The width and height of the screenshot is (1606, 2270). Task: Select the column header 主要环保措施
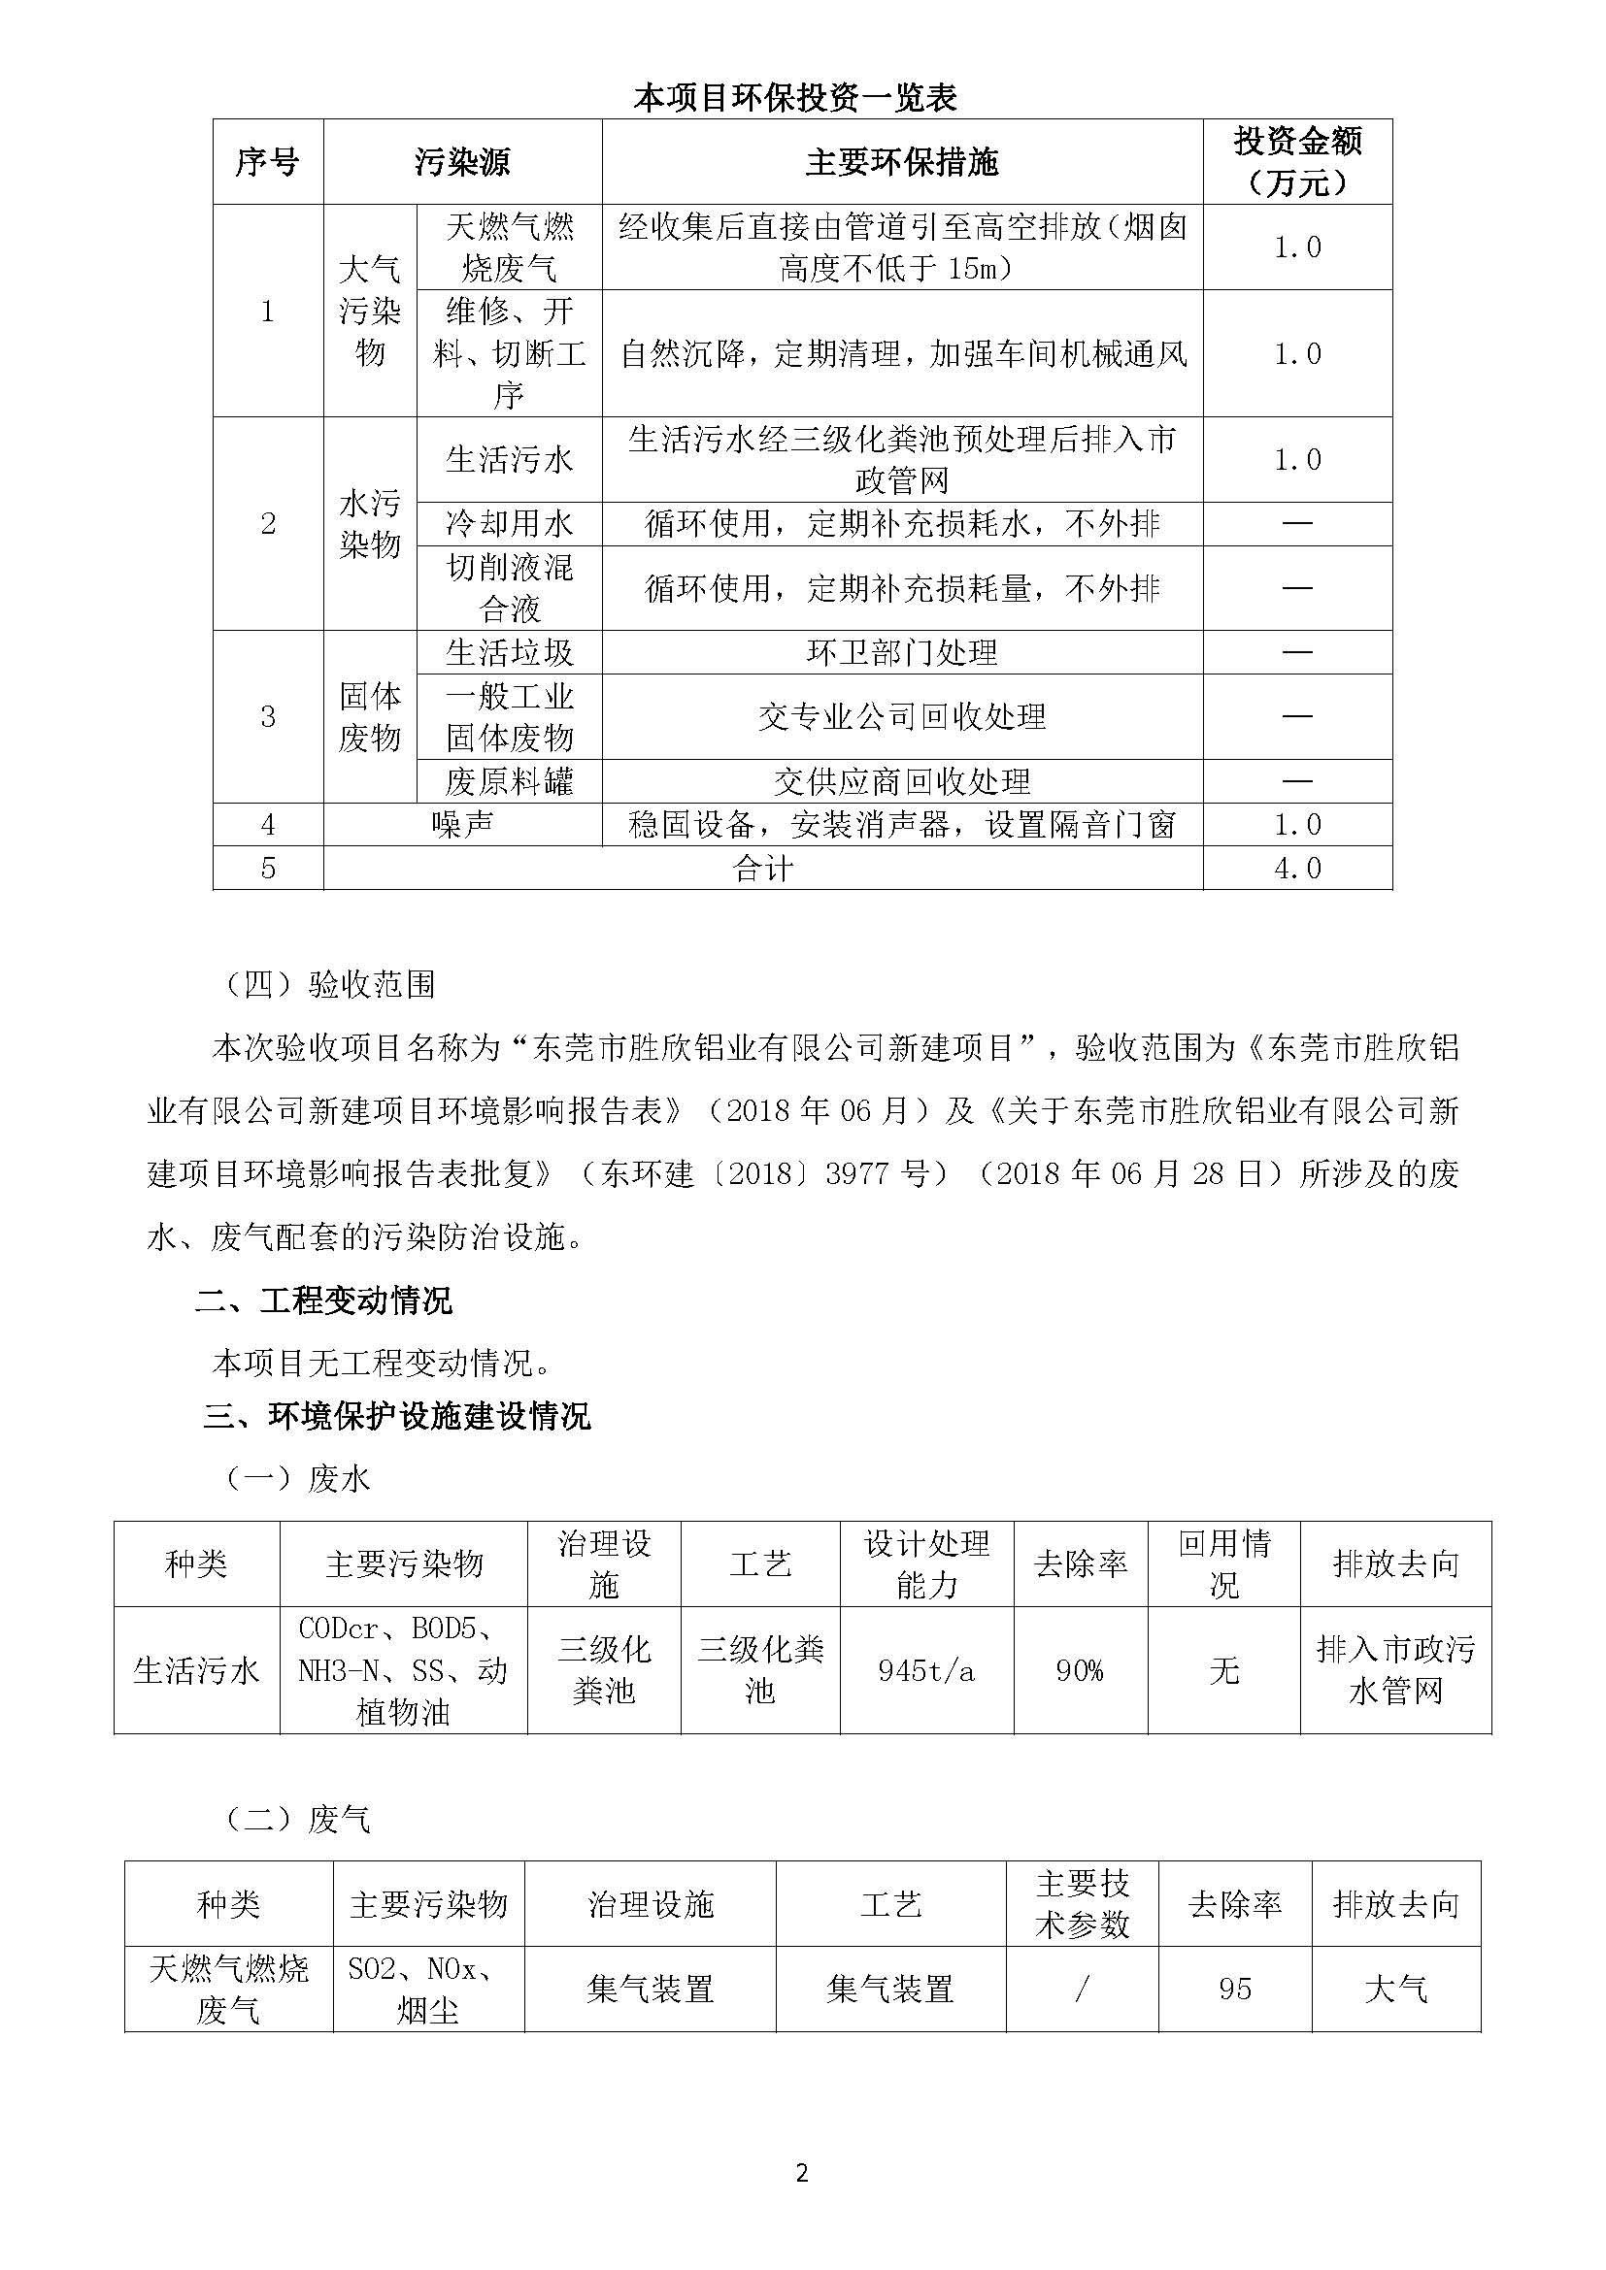[902, 162]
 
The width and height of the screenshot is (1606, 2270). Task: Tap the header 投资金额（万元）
[1296, 162]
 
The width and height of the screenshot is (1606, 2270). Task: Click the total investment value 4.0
[1296, 868]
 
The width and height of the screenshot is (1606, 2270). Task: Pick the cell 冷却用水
[510, 524]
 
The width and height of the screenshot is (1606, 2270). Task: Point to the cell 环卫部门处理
[902, 652]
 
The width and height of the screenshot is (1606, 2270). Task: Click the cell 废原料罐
[510, 782]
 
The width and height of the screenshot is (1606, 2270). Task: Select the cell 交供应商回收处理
[902, 782]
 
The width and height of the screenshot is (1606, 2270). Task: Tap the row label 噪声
[462, 825]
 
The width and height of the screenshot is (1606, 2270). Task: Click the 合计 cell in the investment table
[762, 868]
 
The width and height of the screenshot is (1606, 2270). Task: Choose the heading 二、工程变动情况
[323, 1300]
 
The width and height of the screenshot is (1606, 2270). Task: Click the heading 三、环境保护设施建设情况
[396, 1417]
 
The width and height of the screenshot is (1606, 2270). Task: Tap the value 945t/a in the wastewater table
[926, 1671]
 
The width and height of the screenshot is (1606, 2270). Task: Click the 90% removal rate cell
[1080, 1671]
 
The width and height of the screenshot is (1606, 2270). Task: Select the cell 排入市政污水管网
[1395, 1671]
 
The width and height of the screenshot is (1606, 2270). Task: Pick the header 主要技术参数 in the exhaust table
[1082, 1904]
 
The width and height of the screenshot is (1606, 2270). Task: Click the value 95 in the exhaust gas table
[1235, 1990]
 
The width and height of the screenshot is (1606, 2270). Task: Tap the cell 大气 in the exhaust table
[1395, 1990]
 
